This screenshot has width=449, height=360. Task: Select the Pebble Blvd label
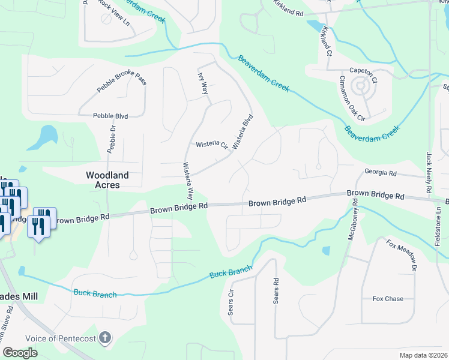111,116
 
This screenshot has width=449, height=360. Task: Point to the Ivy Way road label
203,85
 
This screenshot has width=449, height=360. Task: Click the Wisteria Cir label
212,145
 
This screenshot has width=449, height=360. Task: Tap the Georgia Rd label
381,173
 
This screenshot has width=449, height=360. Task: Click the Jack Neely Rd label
429,173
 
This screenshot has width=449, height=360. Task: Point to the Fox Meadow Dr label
402,252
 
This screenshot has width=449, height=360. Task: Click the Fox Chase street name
388,298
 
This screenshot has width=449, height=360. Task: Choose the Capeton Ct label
363,71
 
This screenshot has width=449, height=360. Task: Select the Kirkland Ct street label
326,40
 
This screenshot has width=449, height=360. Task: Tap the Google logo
20,352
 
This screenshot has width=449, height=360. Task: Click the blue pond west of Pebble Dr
42,139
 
